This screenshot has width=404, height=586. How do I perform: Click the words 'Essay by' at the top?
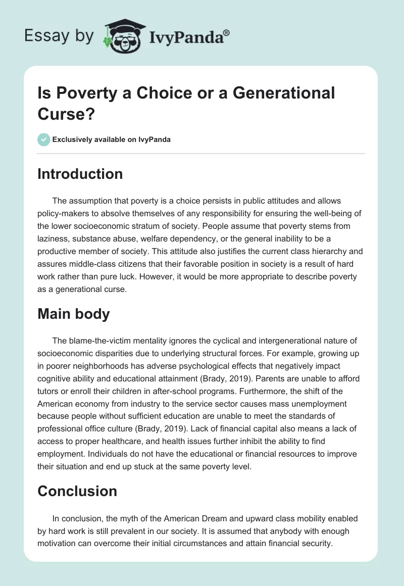(x=60, y=36)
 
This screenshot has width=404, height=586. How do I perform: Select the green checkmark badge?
(x=44, y=139)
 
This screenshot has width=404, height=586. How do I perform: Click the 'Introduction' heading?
(x=80, y=174)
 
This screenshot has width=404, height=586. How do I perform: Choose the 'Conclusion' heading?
(x=77, y=491)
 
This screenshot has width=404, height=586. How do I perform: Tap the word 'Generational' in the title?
(x=285, y=93)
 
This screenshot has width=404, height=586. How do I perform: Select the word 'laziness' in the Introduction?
(x=55, y=238)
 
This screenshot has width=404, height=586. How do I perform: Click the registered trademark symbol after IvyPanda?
(x=227, y=32)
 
